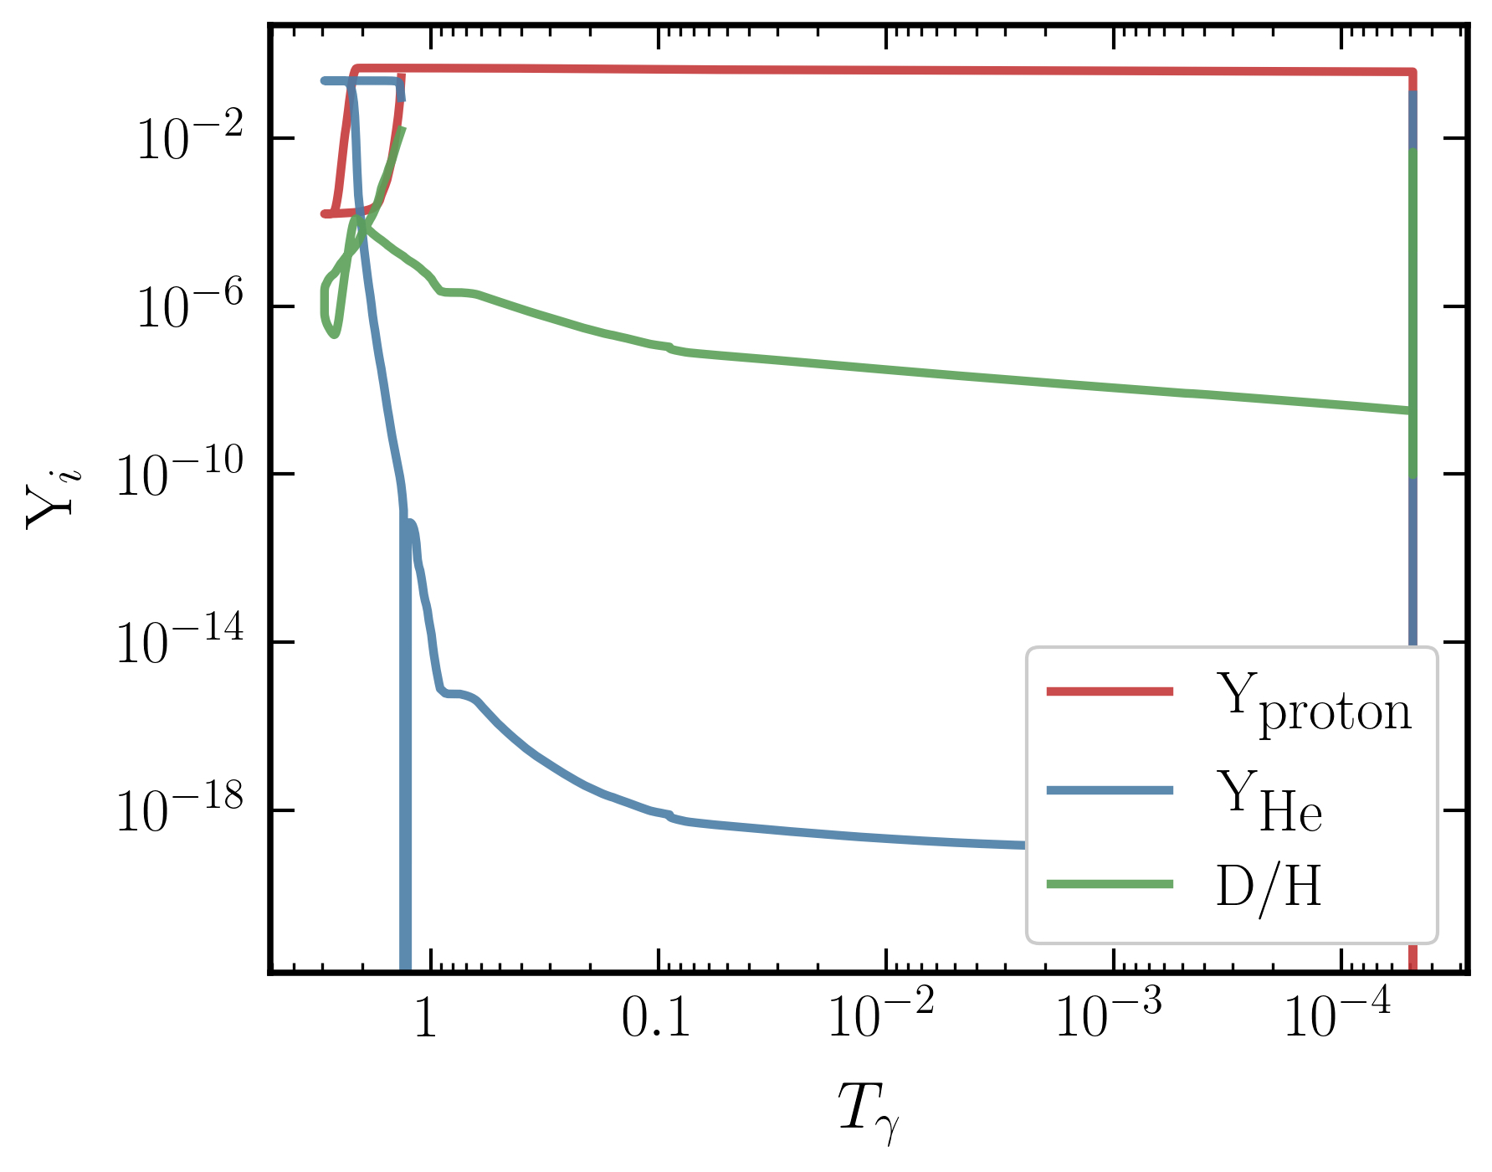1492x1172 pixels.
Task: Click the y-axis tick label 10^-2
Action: [x=189, y=139]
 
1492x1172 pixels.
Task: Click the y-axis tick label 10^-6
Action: [x=189, y=307]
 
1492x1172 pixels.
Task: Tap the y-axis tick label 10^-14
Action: [x=179, y=644]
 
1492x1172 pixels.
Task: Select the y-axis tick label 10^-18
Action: [x=179, y=811]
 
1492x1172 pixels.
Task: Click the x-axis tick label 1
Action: [x=426, y=1019]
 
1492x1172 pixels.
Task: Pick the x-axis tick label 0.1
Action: [x=656, y=1019]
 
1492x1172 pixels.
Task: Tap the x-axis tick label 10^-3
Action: [x=1109, y=1015]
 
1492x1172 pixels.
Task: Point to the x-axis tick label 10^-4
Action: [x=1336, y=1015]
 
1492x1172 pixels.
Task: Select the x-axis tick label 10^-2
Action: [x=880, y=1015]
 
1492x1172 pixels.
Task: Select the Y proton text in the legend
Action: [x=1314, y=703]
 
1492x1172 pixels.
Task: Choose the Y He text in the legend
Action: [x=1269, y=801]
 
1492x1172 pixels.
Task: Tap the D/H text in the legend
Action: [x=1269, y=887]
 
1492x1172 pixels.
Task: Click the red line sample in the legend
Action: [x=1110, y=691]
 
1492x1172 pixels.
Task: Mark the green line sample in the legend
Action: [x=1110, y=885]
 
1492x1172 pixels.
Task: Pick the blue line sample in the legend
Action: [x=1110, y=789]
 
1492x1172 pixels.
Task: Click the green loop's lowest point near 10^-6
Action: [x=335, y=335]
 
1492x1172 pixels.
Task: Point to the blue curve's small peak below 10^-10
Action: [x=411, y=522]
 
